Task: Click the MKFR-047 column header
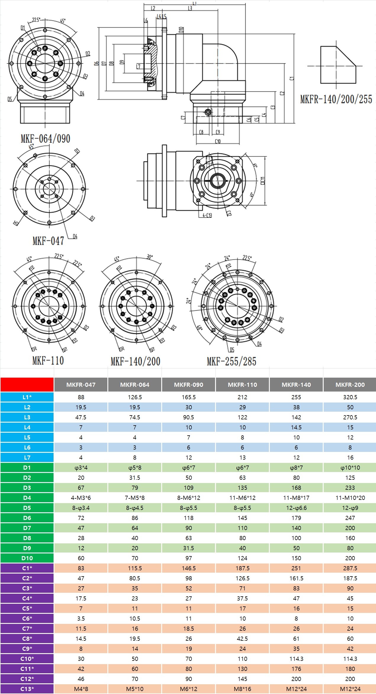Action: [x=81, y=385]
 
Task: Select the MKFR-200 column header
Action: [x=350, y=385]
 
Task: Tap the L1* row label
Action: [x=27, y=397]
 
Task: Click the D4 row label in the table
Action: [x=27, y=498]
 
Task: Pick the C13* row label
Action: [x=27, y=689]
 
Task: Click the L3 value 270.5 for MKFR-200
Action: [x=350, y=417]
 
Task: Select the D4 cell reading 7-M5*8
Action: [x=135, y=498]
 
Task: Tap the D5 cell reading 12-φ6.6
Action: [x=296, y=508]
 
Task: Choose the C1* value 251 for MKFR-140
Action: [x=296, y=568]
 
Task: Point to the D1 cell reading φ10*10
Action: [x=350, y=468]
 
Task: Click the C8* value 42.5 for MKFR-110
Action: [x=242, y=639]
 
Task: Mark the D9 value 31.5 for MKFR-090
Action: [x=188, y=548]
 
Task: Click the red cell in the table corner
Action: [x=27, y=385]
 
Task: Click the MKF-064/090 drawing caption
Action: [x=45, y=139]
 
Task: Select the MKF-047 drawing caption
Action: [x=48, y=241]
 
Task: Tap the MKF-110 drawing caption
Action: [x=48, y=360]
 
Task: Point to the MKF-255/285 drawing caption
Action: [x=231, y=361]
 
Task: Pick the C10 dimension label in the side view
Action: [x=218, y=141]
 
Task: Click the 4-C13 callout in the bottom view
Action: [x=207, y=215]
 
